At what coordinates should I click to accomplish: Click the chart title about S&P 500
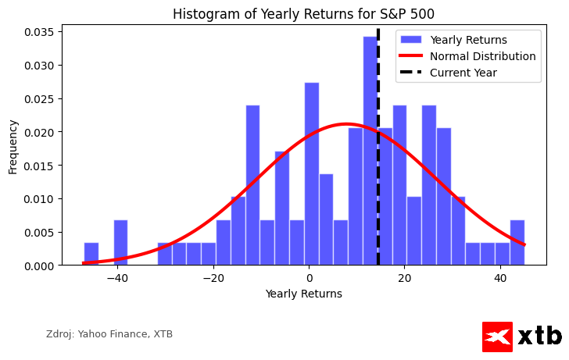click(303, 14)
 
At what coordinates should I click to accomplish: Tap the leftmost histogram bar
click(91, 255)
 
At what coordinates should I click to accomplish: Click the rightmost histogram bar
click(517, 243)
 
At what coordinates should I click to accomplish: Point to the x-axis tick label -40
click(117, 279)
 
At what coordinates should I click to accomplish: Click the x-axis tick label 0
click(309, 279)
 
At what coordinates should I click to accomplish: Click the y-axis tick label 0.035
click(38, 32)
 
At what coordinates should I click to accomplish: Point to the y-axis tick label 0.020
click(38, 132)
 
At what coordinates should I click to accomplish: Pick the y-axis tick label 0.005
click(38, 233)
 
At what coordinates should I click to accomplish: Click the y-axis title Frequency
click(13, 146)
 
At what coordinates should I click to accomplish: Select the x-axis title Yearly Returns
click(303, 294)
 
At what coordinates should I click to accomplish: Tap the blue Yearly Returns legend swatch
click(411, 40)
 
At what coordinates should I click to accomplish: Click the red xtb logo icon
click(497, 337)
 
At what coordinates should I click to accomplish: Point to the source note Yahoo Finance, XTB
click(109, 334)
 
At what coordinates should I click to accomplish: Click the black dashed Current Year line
click(378, 195)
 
